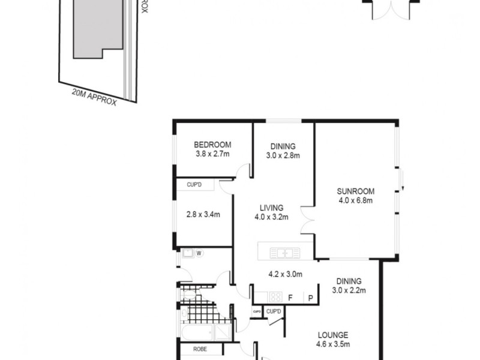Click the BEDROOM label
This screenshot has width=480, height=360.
(x=212, y=145)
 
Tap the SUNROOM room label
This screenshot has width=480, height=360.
(x=356, y=191)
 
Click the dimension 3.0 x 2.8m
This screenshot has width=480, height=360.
(x=283, y=155)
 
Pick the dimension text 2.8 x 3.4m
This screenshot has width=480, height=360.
(x=203, y=214)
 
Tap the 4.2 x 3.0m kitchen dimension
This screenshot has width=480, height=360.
(x=284, y=275)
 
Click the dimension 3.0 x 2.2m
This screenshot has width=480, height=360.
(x=349, y=290)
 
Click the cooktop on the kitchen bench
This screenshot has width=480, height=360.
(x=275, y=296)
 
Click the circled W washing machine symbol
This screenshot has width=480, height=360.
(x=199, y=254)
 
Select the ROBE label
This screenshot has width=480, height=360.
(x=200, y=349)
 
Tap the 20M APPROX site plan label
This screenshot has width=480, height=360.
(x=94, y=96)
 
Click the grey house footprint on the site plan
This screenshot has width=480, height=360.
(x=96, y=30)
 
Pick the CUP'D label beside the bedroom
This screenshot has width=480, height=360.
(x=194, y=185)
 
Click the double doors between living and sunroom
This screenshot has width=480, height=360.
(x=307, y=223)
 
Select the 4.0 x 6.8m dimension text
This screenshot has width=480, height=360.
(x=356, y=201)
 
